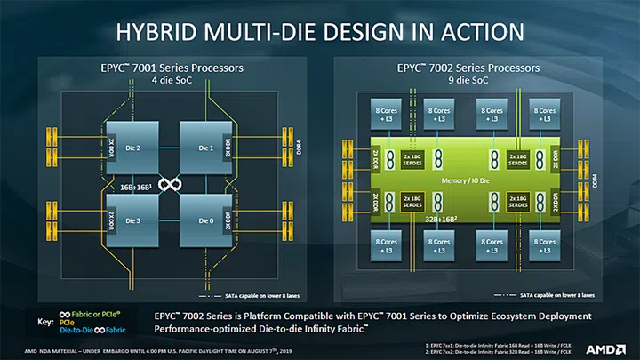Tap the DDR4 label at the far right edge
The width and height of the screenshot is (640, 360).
click(608, 181)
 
